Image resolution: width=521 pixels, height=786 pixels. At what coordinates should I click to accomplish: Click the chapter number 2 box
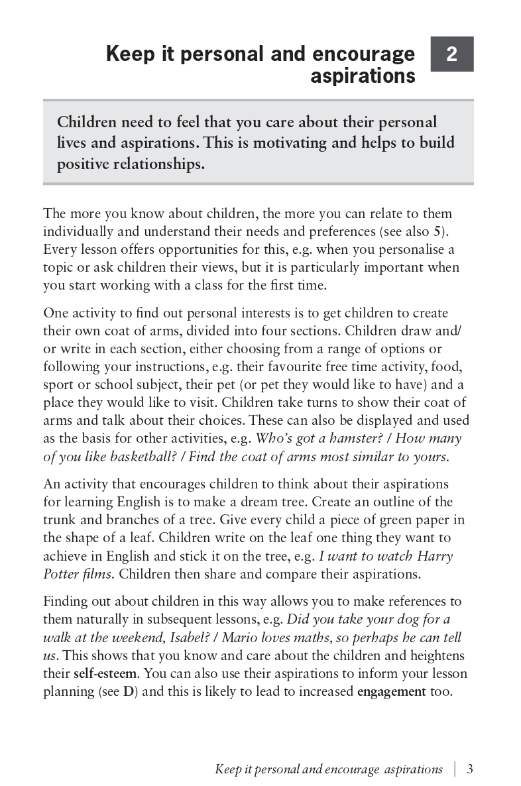click(x=451, y=54)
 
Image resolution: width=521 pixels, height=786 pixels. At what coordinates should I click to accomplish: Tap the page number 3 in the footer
click(x=469, y=769)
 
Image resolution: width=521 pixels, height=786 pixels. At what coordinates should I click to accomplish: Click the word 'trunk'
click(x=62, y=520)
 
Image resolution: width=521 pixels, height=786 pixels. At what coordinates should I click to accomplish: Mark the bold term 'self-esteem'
click(x=105, y=674)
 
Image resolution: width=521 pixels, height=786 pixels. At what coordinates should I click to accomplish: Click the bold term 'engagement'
click(x=391, y=692)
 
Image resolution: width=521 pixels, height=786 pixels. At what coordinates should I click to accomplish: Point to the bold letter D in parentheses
click(x=128, y=692)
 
